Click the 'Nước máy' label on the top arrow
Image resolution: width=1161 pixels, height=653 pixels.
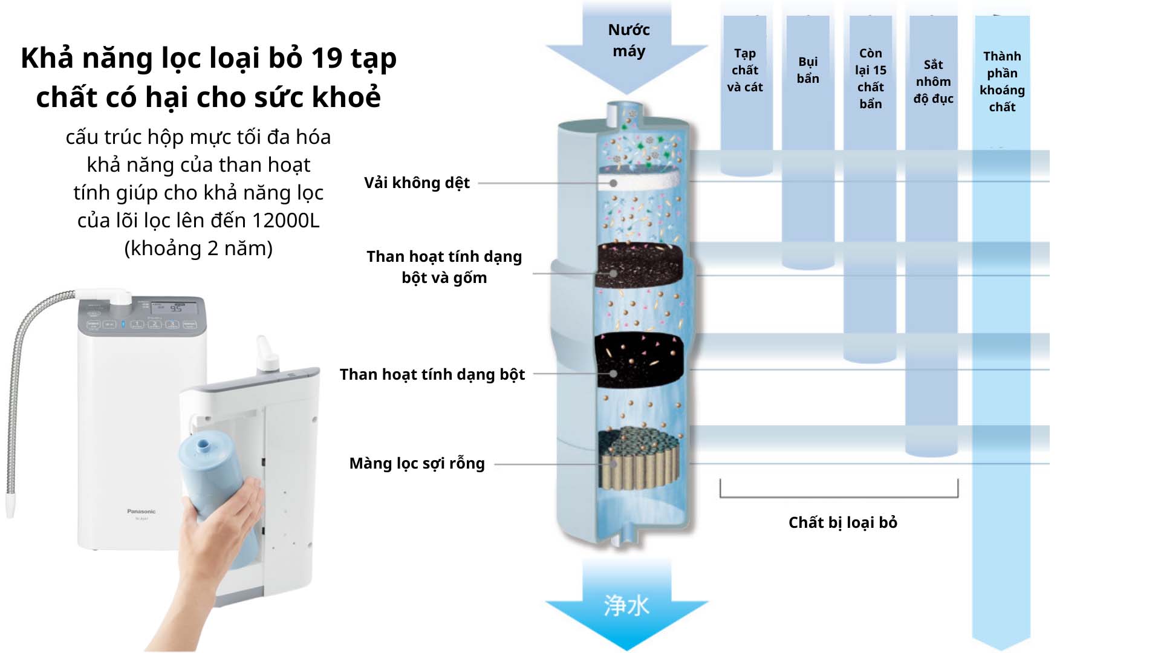coord(628,41)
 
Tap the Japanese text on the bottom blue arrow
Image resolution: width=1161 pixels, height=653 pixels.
coord(626,605)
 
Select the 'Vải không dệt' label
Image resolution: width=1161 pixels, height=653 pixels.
coord(417,183)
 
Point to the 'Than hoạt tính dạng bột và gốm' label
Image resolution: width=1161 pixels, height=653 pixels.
coord(444,267)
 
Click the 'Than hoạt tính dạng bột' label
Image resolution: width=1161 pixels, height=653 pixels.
coord(432,374)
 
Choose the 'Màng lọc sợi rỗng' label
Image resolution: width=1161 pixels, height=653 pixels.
coord(417,463)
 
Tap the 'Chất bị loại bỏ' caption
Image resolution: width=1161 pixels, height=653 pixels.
coord(842,522)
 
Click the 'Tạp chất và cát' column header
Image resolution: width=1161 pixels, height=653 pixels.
coord(745,70)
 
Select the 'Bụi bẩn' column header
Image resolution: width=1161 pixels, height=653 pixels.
coord(808,70)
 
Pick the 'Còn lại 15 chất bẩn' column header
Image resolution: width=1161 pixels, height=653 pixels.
coord(871,79)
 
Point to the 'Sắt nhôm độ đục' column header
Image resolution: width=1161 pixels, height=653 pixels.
coord(933,82)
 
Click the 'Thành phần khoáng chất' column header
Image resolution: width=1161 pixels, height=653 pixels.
coord(1002,82)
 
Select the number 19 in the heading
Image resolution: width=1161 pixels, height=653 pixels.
coord(327,58)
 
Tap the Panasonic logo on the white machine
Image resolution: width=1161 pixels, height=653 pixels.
coord(141,512)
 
